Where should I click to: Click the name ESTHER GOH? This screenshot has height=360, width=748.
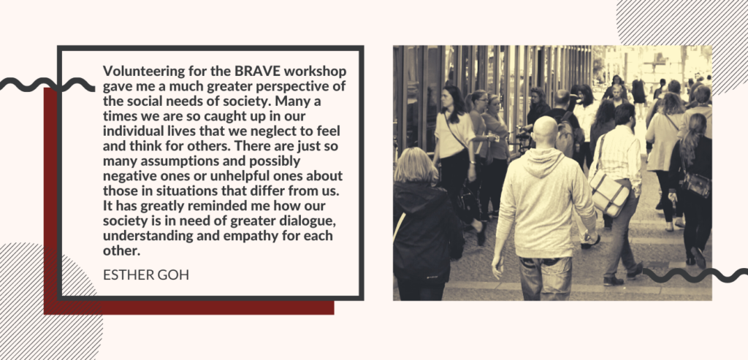[x=146, y=275]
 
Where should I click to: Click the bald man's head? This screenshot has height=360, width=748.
[x=546, y=131]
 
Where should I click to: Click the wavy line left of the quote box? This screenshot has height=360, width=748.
[x=47, y=85]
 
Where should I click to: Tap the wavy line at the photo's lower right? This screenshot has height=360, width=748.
[x=695, y=275]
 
